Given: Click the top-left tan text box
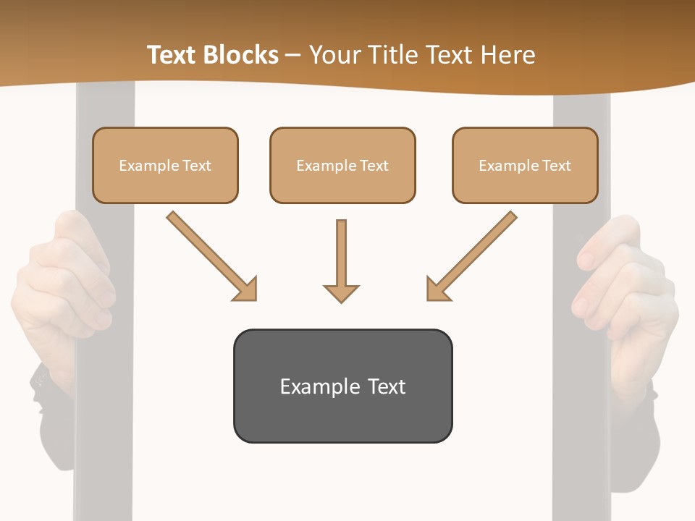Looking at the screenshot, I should (x=165, y=165).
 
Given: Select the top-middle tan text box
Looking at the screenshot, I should (x=342, y=165).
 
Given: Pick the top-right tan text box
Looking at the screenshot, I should (x=525, y=165).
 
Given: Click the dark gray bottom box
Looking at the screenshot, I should (x=342, y=386).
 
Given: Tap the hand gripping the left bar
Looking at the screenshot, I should (x=69, y=282).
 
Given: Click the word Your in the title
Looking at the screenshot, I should (x=333, y=55).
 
